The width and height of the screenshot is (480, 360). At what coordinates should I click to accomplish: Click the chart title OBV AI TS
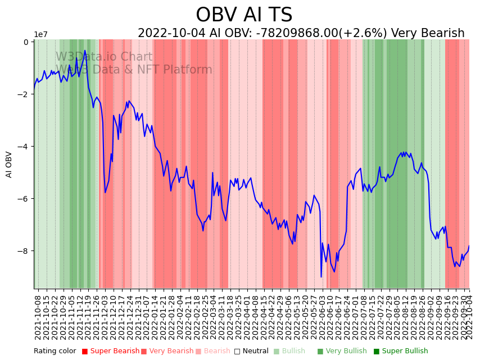(244, 15)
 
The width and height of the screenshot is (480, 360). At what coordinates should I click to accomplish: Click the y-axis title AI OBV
(9, 165)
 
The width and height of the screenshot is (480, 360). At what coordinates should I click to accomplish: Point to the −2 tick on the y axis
(25, 94)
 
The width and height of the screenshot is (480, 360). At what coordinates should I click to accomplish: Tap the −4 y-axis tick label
(25, 147)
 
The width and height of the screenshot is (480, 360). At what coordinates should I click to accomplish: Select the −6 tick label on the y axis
(25, 199)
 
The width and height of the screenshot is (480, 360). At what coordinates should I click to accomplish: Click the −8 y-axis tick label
(25, 251)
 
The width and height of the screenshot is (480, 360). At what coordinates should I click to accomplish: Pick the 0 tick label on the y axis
(26, 42)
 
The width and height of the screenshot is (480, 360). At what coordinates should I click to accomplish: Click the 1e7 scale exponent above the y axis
(41, 35)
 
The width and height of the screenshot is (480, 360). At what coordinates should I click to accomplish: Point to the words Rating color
(55, 352)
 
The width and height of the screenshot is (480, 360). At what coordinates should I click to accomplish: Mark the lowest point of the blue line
(321, 277)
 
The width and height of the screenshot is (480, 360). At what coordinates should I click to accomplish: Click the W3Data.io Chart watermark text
(104, 57)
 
